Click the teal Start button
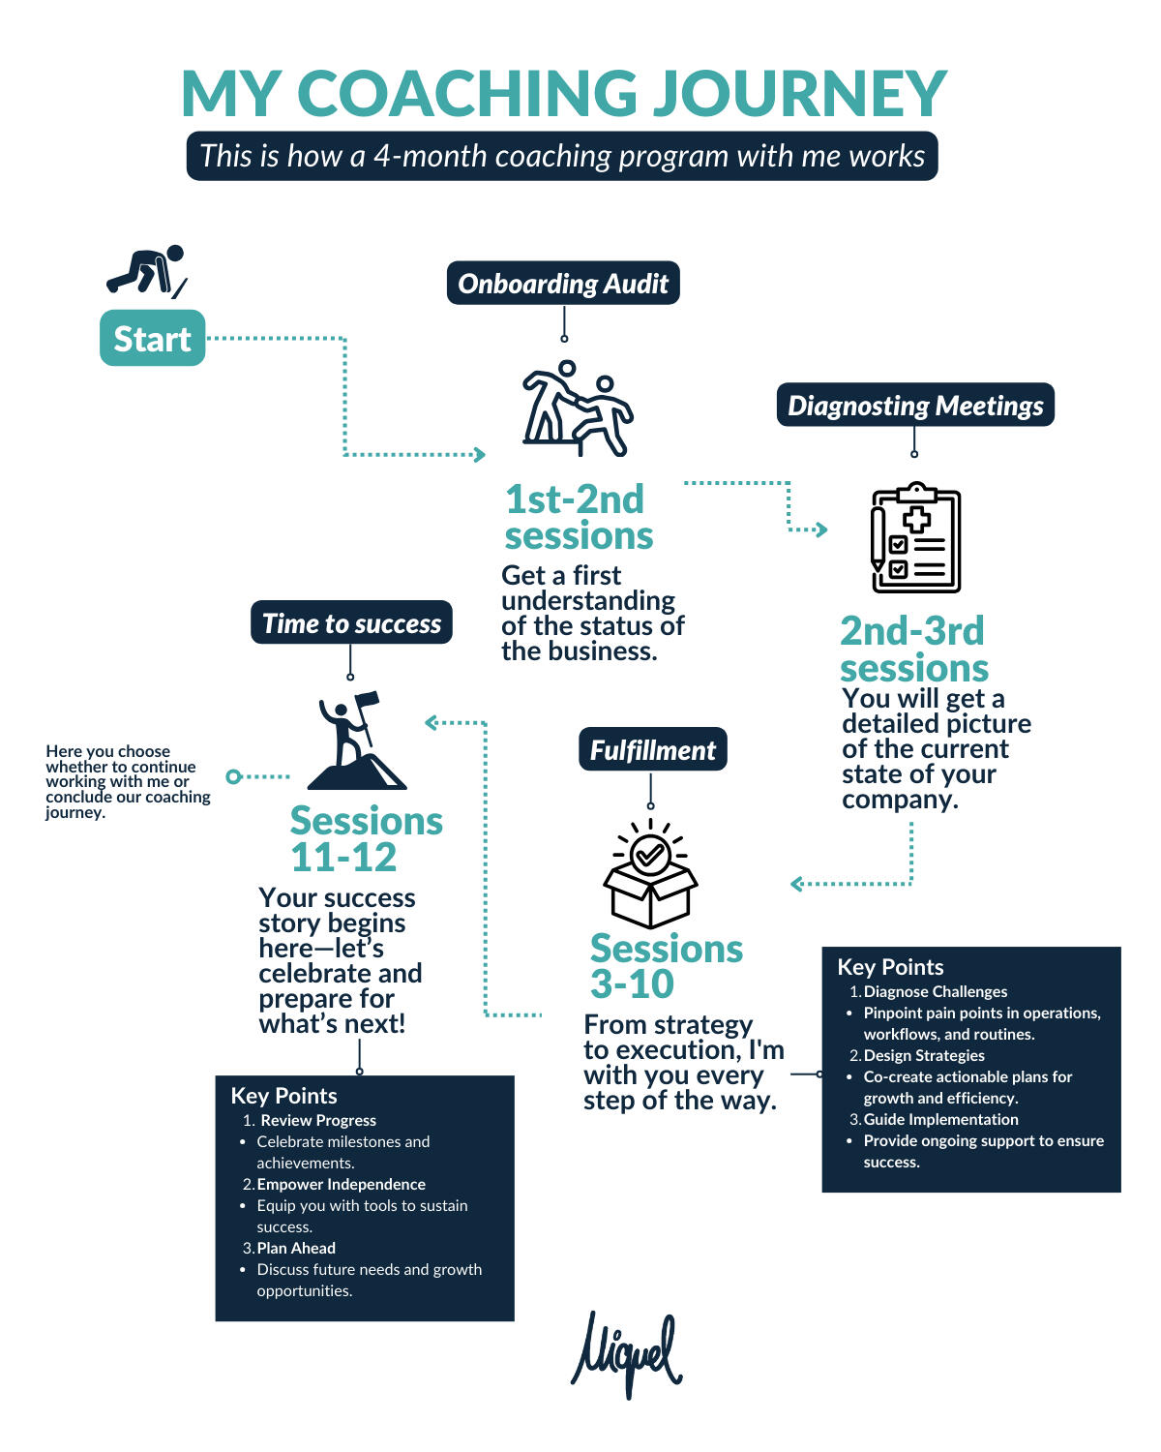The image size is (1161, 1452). click(x=152, y=338)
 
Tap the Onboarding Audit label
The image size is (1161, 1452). click(x=563, y=284)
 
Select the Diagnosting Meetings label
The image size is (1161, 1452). click(x=915, y=405)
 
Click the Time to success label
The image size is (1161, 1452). click(x=351, y=622)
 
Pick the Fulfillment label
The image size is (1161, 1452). click(x=652, y=749)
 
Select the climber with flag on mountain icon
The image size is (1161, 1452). click(x=356, y=741)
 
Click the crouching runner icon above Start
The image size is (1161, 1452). click(x=146, y=270)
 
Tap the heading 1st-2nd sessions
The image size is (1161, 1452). click(x=578, y=517)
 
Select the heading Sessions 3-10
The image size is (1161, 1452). click(x=666, y=966)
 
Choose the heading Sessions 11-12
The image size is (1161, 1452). click(x=366, y=838)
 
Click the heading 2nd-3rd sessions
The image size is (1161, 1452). click(x=913, y=650)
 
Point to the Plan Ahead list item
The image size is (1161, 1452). click(x=296, y=1248)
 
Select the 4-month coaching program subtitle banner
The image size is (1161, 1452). click(x=562, y=156)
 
